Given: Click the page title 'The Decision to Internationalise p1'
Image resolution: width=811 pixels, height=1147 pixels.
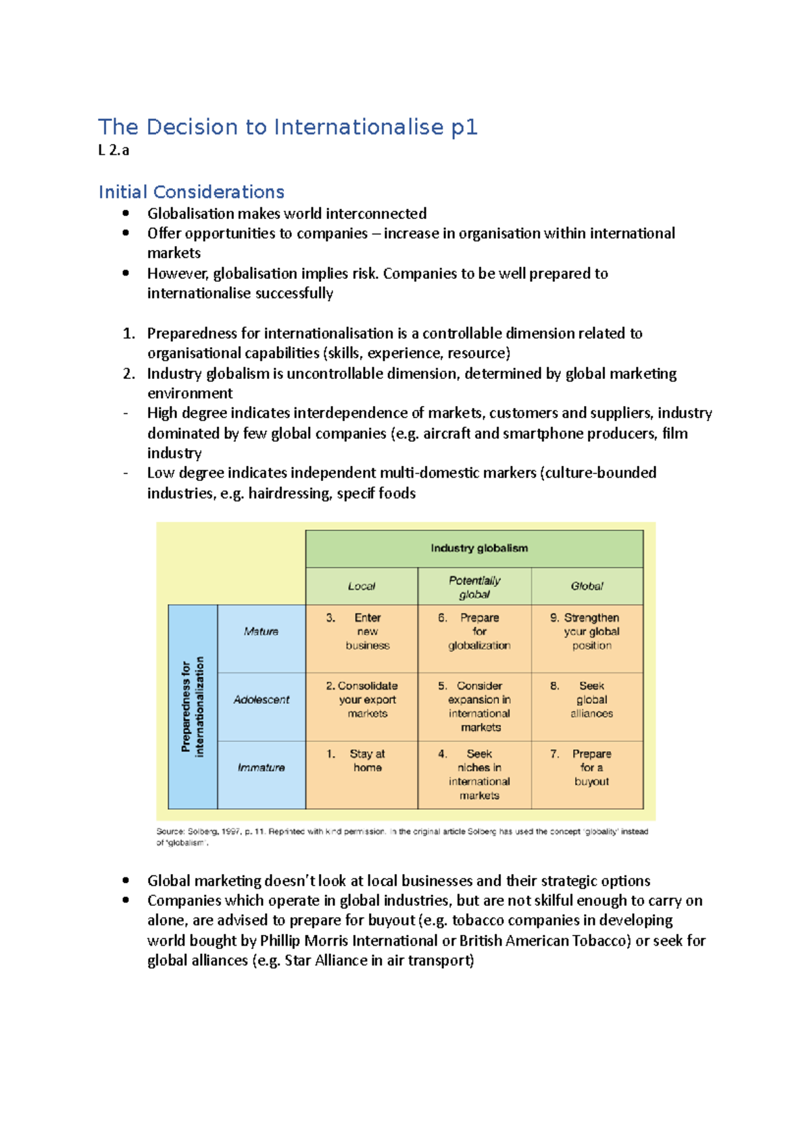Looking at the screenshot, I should coord(288,127).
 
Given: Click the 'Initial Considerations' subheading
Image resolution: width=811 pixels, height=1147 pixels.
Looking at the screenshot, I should coord(191,192).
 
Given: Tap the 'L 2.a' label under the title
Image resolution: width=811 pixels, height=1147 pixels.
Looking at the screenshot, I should coord(114,151).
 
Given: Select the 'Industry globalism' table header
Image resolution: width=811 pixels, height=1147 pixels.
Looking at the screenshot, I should coord(479,548).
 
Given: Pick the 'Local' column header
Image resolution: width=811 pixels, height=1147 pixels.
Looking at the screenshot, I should coord(362,586).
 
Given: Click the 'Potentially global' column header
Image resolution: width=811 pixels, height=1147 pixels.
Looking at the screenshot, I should coord(474,587).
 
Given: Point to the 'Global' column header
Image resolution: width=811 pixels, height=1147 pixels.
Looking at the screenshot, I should coord(587,586).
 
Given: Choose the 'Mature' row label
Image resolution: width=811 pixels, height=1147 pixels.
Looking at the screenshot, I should coord(261,632).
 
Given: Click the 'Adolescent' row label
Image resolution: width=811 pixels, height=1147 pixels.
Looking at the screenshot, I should coord(261,700).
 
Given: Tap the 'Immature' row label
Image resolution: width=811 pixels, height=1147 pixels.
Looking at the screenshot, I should coord(261,767).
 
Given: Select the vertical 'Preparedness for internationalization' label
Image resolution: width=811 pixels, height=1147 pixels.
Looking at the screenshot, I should coord(193,707).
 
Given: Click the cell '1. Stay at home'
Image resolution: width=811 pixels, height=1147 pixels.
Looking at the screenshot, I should coord(362,761).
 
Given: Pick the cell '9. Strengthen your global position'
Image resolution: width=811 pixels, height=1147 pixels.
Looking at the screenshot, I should coord(587,632).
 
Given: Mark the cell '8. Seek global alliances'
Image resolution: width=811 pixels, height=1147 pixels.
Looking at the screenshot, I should coord(587,700).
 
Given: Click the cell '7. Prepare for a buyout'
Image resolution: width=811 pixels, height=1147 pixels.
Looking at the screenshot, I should coord(587,767).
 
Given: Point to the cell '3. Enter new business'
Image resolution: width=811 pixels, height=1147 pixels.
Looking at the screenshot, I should coord(362,632).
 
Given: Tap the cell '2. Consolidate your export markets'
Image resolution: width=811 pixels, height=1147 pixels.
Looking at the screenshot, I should coord(362,700).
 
